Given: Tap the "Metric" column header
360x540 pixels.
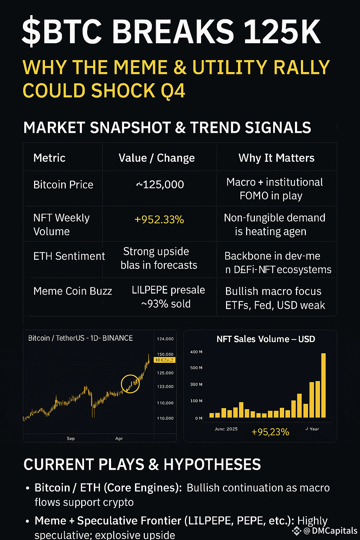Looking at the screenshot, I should tap(49, 158).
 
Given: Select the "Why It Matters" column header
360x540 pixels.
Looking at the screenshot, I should tap(276, 158).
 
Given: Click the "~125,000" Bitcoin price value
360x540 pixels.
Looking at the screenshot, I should tap(160, 185).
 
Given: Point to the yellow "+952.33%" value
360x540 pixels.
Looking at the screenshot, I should tap(159, 220).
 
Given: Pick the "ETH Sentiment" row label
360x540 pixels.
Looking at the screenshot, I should tap(69, 256).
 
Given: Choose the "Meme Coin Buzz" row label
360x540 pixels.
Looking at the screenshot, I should tap(72, 291).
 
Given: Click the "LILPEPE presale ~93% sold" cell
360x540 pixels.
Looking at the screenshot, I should tap(168, 297).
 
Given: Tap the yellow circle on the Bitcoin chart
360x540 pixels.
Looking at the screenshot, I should tap(130, 384).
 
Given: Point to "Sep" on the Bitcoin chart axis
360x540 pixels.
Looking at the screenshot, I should tap(71, 438).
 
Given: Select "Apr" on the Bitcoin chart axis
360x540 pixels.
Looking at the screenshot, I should tap(119, 438).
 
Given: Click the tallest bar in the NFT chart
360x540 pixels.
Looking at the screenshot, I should tap(323, 385).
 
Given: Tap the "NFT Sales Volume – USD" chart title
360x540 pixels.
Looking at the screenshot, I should tap(266, 339).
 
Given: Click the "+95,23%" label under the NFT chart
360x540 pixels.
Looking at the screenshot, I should tap(270, 432).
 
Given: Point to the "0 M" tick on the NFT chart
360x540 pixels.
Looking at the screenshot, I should tap(199, 418).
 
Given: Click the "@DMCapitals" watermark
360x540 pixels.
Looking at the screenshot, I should tap(330, 531).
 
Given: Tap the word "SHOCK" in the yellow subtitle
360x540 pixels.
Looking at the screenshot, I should tap(123, 91).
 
